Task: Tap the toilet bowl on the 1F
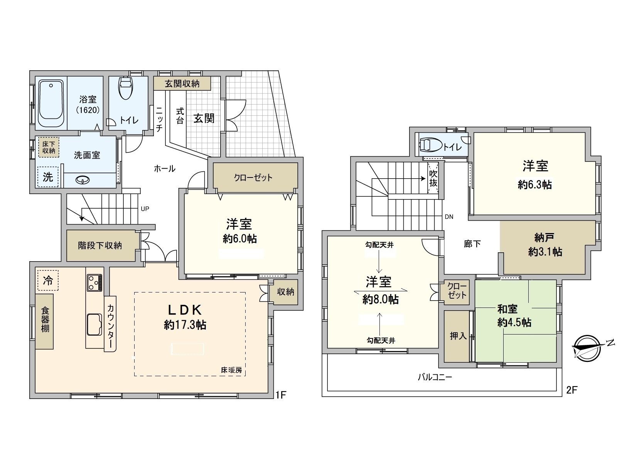126,88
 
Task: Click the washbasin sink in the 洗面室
83,180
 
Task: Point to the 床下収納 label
49,147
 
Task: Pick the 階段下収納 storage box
100,245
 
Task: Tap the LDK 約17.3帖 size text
185,324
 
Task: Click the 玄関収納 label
182,83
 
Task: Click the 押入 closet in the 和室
458,336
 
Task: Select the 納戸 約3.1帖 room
545,246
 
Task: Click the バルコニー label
435,377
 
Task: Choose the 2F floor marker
571,390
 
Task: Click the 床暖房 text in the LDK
231,370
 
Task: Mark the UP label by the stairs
145,209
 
